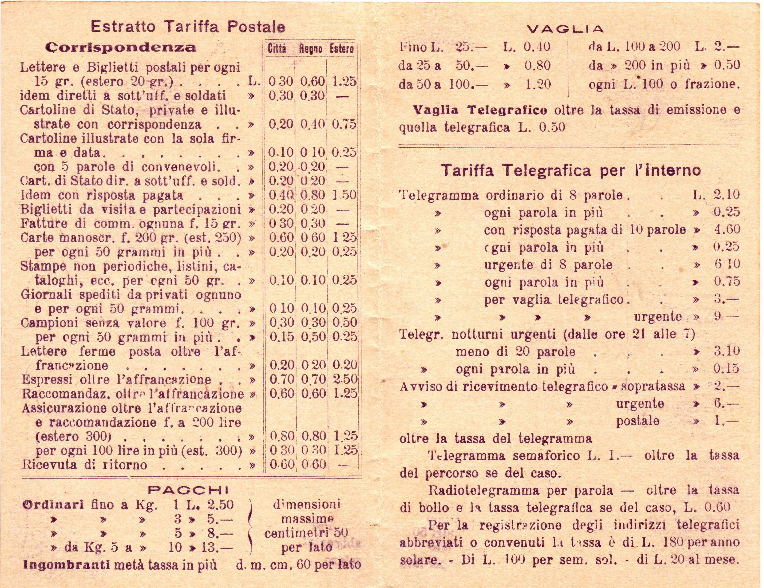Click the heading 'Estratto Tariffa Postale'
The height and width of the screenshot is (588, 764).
pos(188,27)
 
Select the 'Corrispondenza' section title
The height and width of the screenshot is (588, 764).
pos(121,48)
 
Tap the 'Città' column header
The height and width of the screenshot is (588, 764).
pos(277,49)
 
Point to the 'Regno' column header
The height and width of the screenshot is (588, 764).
pos(310,49)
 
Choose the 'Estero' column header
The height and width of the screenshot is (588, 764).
pos(341,49)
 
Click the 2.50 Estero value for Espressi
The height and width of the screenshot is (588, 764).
pos(345,379)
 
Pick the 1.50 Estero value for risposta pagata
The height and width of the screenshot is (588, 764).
pos(344,195)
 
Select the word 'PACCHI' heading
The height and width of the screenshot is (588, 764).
pos(188,490)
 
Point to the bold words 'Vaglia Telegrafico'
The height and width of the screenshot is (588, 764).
pos(480,111)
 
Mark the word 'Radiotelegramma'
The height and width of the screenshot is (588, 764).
pos(484,490)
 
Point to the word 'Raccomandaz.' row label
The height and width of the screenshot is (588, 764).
pos(62,394)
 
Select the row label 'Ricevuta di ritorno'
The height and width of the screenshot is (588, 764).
pos(84,465)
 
